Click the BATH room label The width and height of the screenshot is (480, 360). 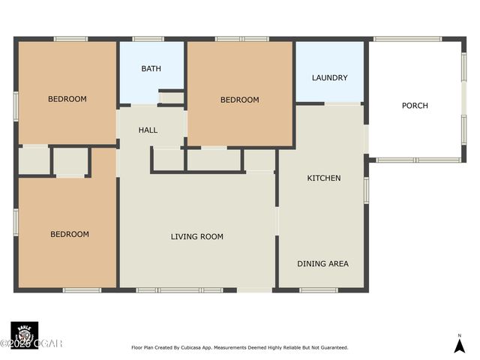click(x=151, y=69)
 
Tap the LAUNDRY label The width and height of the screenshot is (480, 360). click(x=329, y=77)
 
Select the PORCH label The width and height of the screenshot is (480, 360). click(x=415, y=106)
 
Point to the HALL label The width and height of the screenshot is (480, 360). click(x=148, y=130)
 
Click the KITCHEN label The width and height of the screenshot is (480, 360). click(x=324, y=178)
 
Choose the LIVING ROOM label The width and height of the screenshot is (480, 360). click(x=196, y=237)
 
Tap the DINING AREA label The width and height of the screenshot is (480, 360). click(x=322, y=264)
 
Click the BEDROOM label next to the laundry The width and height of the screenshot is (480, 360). click(x=239, y=100)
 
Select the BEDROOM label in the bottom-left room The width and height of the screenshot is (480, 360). click(x=69, y=234)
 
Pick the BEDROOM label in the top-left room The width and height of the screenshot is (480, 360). click(x=67, y=99)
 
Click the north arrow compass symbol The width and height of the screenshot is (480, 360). click(x=460, y=343)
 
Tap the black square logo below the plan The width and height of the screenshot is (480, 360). click(x=24, y=334)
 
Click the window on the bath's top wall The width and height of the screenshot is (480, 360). click(x=148, y=39)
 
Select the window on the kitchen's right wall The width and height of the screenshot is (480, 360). click(x=366, y=190)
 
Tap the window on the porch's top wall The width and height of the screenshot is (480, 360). click(x=407, y=39)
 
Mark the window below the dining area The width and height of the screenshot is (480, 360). click(x=318, y=289)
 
